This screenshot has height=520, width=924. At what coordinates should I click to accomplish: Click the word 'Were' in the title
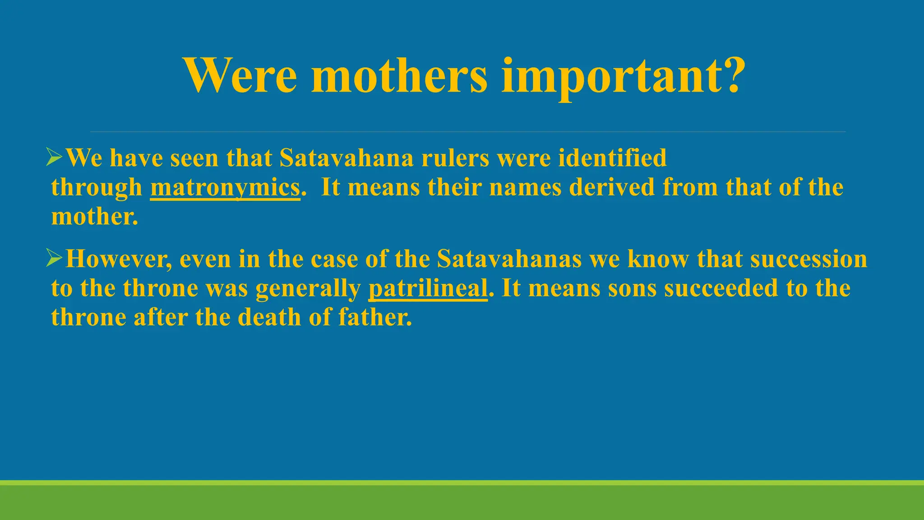240,75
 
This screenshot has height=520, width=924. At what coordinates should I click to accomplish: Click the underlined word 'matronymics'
225,187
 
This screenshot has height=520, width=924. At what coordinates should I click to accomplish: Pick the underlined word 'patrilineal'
428,288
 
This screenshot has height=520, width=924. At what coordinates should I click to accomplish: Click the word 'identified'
612,158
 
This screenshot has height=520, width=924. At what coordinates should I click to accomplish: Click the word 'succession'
808,259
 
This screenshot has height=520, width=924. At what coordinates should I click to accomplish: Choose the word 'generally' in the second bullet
308,289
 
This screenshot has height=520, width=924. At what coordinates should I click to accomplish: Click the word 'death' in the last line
269,317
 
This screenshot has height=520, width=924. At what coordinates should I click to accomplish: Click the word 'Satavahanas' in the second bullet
509,259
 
